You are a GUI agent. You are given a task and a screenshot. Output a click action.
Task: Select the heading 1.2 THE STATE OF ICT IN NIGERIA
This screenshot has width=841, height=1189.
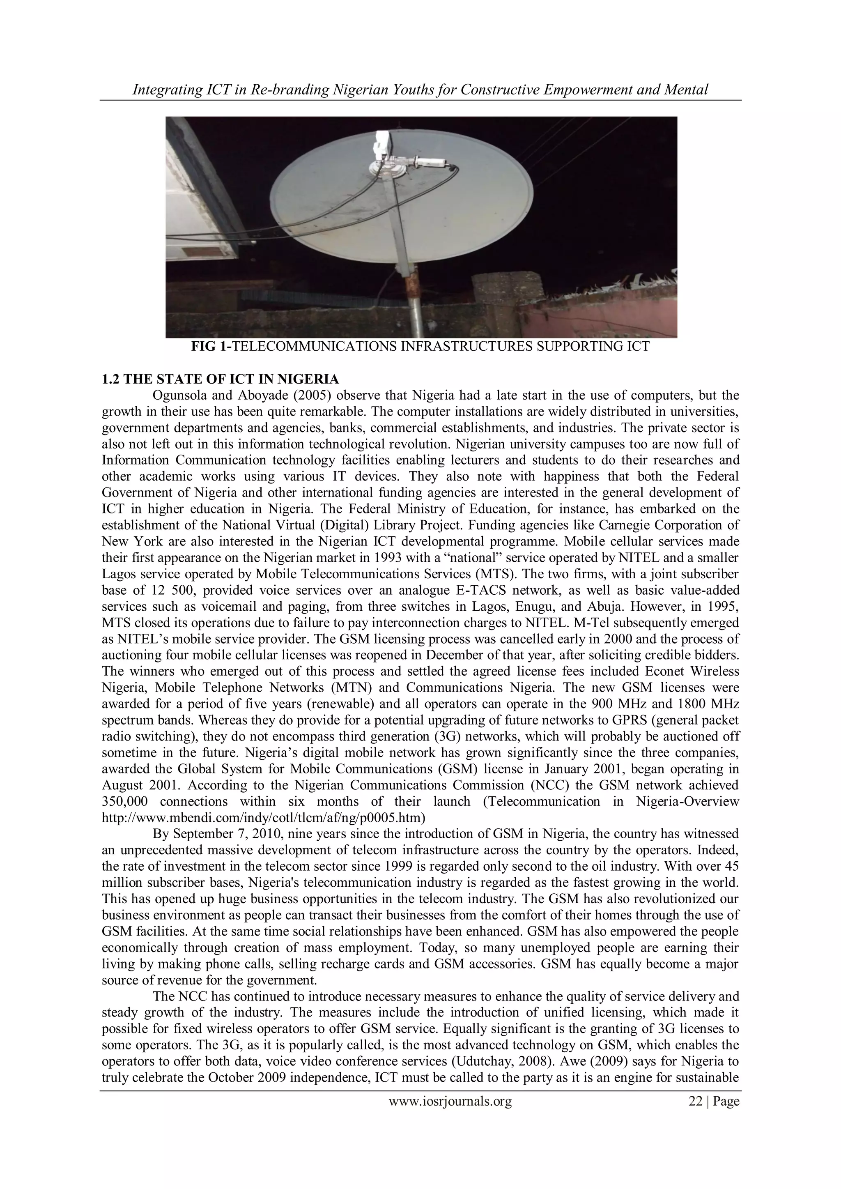220,379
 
